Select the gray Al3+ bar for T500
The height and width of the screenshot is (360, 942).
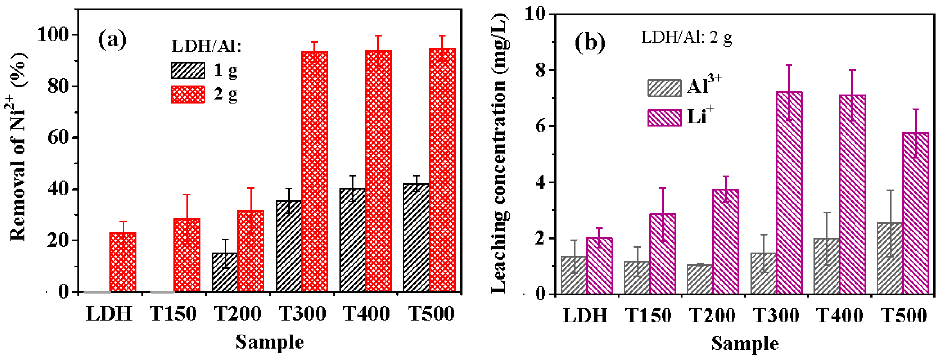click(x=889, y=258)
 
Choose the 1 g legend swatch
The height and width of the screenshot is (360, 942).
click(x=188, y=70)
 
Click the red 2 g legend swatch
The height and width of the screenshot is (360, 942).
click(x=188, y=95)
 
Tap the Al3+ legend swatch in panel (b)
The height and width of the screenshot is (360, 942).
click(x=664, y=88)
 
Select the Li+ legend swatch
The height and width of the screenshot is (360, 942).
click(x=664, y=117)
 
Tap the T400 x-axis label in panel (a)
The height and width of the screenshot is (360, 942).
click(x=366, y=314)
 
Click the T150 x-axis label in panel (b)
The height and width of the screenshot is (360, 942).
click(x=648, y=315)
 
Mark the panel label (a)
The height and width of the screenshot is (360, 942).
click(x=112, y=40)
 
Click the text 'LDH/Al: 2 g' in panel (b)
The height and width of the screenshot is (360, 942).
click(x=686, y=38)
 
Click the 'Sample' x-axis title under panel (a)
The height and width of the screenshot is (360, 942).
click(x=270, y=342)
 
